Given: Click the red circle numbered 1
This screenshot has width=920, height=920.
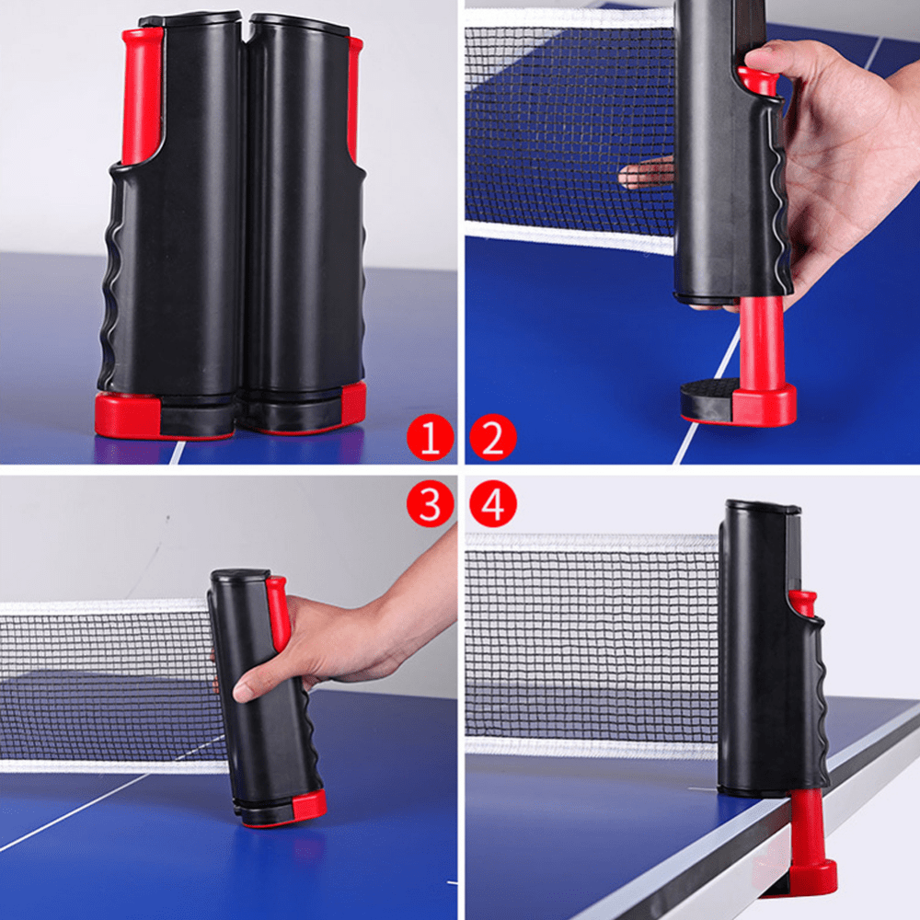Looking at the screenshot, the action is (430, 437).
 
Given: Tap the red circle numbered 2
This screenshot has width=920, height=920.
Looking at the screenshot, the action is (493, 437).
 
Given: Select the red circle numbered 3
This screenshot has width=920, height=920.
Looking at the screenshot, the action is (430, 504).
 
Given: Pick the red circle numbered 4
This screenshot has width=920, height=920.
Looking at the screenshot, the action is (493, 504).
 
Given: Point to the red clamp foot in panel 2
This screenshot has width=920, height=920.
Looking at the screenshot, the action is (763, 405).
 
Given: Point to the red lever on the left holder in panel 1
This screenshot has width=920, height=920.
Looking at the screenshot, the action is (142, 95).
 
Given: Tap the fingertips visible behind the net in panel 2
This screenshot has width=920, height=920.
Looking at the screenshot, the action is (646, 174).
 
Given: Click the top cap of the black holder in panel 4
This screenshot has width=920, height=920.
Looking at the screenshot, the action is (763, 506).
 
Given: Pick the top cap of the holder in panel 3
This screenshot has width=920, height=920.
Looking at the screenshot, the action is (239, 575).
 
